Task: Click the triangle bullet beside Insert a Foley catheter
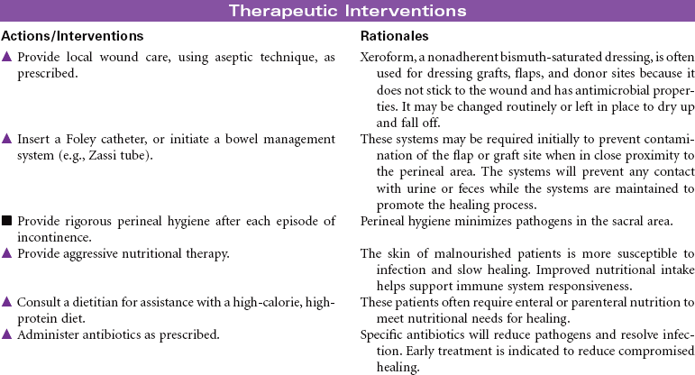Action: coord(7,139)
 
